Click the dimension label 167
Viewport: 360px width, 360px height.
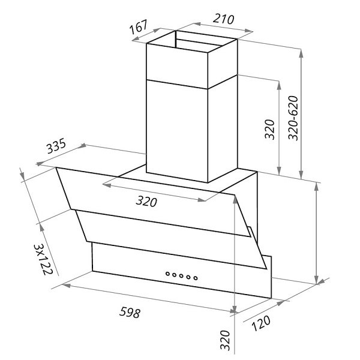coord(138,26)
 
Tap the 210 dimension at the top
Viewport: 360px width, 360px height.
coord(223,19)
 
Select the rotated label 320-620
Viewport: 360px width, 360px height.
coord(293,118)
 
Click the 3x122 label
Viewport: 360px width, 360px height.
coord(43,259)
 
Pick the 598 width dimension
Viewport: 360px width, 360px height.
coord(130,313)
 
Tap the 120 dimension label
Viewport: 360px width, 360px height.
coord(261,323)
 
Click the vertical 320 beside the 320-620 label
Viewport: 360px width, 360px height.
coord(270,129)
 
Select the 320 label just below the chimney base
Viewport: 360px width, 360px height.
coord(146,202)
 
